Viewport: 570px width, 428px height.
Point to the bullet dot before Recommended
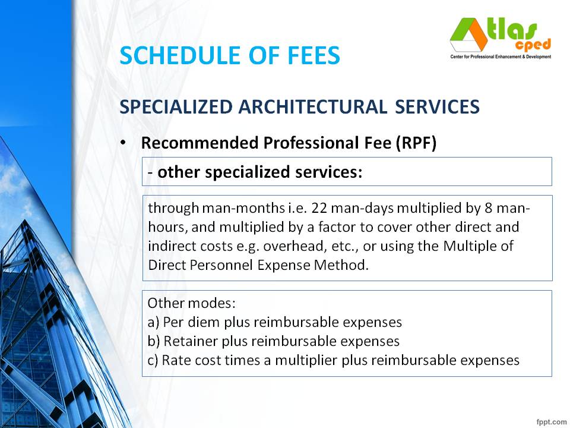click(x=123, y=144)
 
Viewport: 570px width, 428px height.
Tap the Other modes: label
click(x=192, y=303)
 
